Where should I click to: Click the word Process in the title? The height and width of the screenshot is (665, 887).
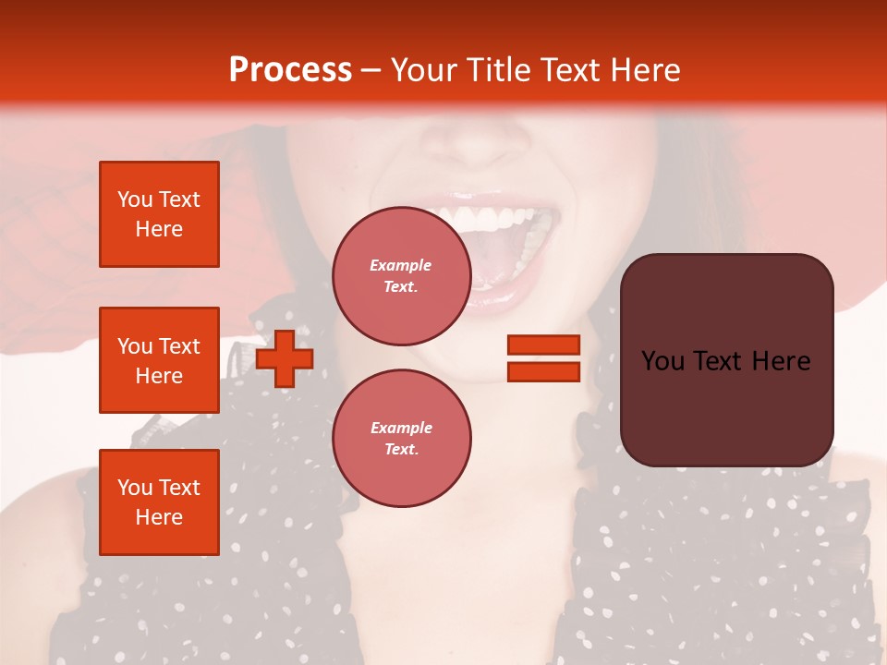(x=290, y=69)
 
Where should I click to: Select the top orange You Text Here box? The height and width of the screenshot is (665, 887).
(x=159, y=214)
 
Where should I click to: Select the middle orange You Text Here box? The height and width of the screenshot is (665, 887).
(x=159, y=360)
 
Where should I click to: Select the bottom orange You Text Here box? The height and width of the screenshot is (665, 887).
(x=159, y=502)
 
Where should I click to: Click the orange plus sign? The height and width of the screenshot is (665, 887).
(x=285, y=358)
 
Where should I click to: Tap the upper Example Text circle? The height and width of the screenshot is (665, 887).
(x=401, y=275)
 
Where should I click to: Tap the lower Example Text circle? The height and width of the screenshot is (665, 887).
(x=401, y=438)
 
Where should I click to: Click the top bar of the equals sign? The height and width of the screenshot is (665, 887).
(x=543, y=345)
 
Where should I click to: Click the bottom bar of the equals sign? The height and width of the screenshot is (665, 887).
(x=543, y=372)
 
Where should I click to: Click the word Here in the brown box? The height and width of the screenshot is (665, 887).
(x=781, y=361)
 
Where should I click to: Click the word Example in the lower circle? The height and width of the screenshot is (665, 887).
(x=401, y=428)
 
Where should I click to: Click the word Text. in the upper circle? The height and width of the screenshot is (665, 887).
(x=401, y=286)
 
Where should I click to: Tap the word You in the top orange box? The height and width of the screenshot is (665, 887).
(x=135, y=199)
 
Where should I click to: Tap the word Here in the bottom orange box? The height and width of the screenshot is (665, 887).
(x=159, y=517)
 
